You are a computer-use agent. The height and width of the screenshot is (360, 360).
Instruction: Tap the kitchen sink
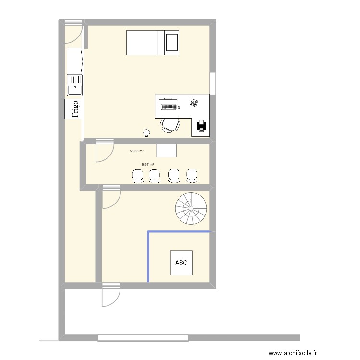(x=74, y=85)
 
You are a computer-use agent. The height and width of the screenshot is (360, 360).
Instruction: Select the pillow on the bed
(x=171, y=42)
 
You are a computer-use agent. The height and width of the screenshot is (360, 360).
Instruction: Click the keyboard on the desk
(x=168, y=107)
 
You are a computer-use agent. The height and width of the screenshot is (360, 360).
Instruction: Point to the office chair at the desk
(x=170, y=124)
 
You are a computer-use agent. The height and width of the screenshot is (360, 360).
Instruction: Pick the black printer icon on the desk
(x=202, y=126)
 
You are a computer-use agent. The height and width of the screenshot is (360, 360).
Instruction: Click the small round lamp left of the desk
(x=146, y=132)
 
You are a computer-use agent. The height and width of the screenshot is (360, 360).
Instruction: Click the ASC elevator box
(x=181, y=263)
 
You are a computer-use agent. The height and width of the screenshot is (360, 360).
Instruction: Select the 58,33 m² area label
(x=136, y=151)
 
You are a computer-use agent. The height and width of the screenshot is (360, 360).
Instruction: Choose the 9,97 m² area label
(x=147, y=165)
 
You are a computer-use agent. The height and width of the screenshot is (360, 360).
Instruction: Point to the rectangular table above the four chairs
(x=166, y=150)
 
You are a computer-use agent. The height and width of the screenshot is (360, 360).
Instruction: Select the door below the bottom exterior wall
(x=110, y=296)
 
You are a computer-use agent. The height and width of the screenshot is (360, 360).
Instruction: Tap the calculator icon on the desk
(x=194, y=103)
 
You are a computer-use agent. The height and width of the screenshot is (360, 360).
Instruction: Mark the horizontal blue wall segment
(x=179, y=232)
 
